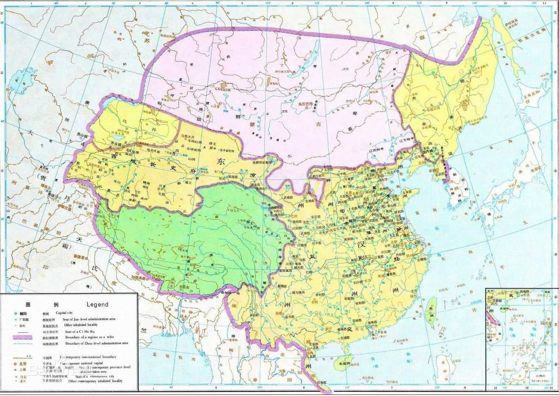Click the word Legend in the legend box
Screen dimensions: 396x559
point(98,304)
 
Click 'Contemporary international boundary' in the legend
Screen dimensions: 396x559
point(88,357)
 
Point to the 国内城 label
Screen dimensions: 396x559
point(429,150)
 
